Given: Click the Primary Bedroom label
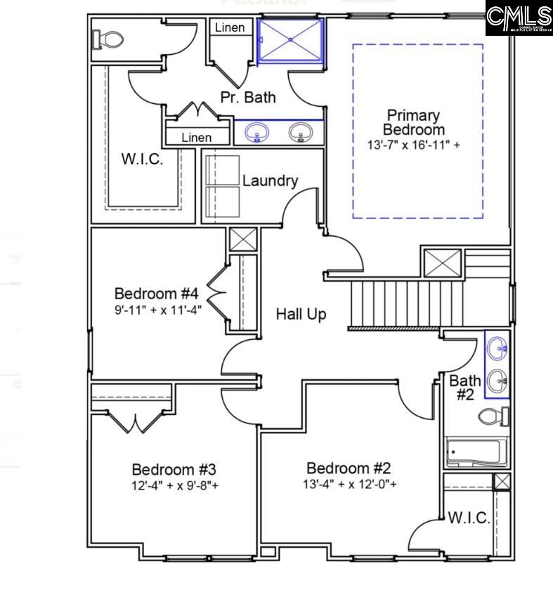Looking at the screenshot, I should (x=413, y=122).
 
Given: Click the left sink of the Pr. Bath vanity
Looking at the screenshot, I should (x=257, y=132).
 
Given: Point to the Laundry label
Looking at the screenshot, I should (x=270, y=180).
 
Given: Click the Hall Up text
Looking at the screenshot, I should (x=301, y=314).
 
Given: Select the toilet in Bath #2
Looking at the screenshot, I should (x=493, y=416).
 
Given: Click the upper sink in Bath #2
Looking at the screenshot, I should (x=498, y=346).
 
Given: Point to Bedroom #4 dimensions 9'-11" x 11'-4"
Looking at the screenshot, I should (x=158, y=308).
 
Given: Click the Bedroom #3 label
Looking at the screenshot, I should (x=168, y=468).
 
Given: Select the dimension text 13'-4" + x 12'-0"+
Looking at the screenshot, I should (x=350, y=484).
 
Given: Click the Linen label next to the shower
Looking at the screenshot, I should (x=230, y=27).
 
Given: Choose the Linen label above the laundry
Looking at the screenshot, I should (x=196, y=137).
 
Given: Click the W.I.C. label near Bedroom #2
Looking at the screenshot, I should (x=469, y=518).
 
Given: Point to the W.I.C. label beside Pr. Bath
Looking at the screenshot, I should (x=142, y=159).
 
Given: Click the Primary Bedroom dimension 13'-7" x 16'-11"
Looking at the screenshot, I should (x=414, y=145).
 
